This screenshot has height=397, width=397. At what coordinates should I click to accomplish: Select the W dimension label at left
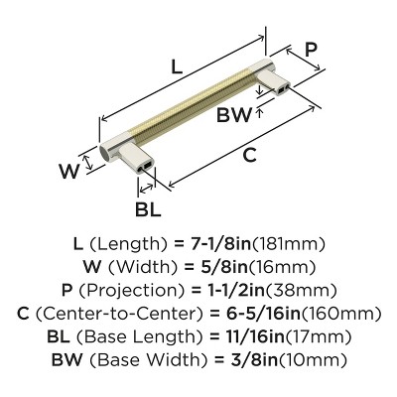[x=68, y=171]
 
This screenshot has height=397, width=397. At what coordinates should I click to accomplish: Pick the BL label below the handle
[x=147, y=211]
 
